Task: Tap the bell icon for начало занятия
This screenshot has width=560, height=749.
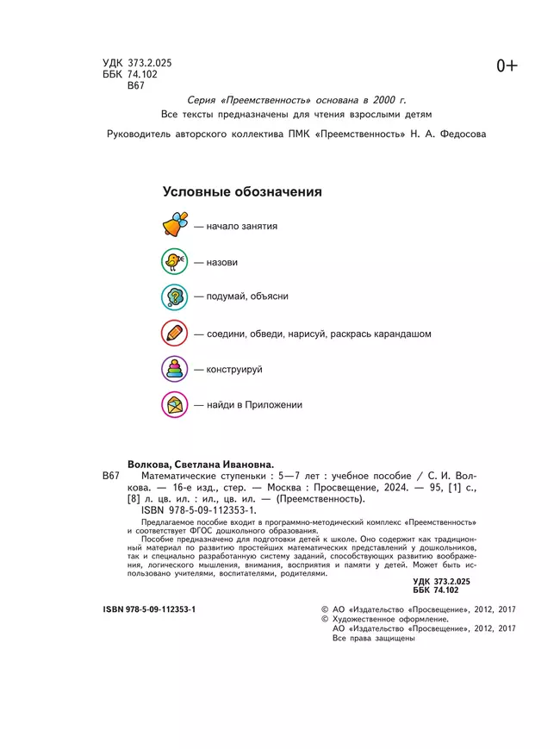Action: pos(175,226)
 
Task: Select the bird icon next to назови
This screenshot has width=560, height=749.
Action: pos(174,261)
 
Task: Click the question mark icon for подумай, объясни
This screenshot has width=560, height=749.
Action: pos(174,296)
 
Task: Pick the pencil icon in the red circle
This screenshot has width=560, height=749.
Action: pos(174,333)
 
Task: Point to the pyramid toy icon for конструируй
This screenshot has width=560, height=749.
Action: pos(174,369)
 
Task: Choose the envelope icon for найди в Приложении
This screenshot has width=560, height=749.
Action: pos(174,404)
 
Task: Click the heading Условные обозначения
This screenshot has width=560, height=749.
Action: pos(242,192)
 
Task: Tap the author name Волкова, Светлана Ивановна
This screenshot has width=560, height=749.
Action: pos(199,463)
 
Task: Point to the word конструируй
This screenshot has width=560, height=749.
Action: pos(233,369)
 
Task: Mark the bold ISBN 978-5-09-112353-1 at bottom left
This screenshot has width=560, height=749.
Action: pos(149,609)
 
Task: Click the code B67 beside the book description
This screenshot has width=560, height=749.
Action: pos(113,476)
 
